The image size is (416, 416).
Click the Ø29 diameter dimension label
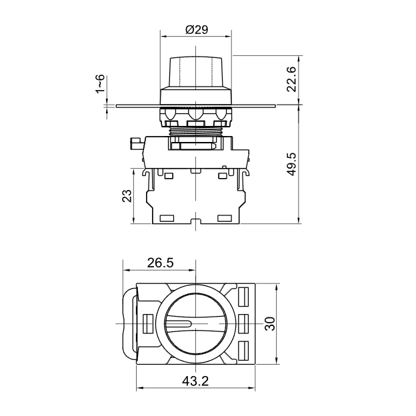click(x=197, y=29)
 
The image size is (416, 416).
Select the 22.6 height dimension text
click(x=291, y=79)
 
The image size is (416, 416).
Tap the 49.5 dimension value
click(x=291, y=164)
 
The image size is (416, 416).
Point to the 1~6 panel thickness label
click(x=100, y=84)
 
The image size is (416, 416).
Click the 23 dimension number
click(x=127, y=195)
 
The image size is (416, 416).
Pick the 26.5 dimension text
click(x=160, y=263)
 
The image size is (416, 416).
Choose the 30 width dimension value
click(x=270, y=323)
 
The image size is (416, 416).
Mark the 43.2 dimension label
click(x=195, y=381)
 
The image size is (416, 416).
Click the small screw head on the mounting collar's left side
click(x=137, y=143)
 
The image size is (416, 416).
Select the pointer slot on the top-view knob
click(x=178, y=324)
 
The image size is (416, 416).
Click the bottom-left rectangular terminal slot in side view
click(x=167, y=218)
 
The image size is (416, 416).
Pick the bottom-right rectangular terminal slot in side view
click(x=225, y=218)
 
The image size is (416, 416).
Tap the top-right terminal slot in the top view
click(x=243, y=297)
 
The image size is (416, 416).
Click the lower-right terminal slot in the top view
click(x=243, y=351)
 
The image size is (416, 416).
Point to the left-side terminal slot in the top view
click(x=148, y=324)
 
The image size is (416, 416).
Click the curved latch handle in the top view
click(x=129, y=324)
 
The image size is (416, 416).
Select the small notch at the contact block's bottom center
click(x=195, y=221)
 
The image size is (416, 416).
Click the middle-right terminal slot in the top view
click(x=243, y=324)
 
